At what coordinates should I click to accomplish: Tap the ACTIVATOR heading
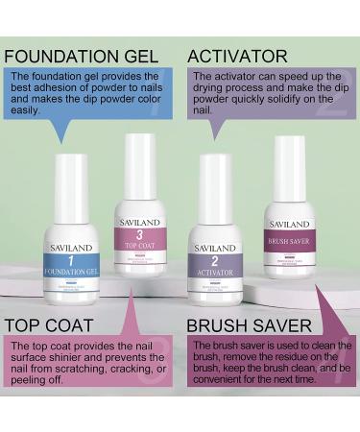point(237,55)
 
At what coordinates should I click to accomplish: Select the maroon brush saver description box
point(271,370)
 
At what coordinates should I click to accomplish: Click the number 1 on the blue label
point(71,260)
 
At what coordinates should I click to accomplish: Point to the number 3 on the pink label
point(139,235)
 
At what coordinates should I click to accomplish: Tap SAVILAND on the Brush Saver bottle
point(289,224)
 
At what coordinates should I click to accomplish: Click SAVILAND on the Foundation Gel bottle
point(71,248)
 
